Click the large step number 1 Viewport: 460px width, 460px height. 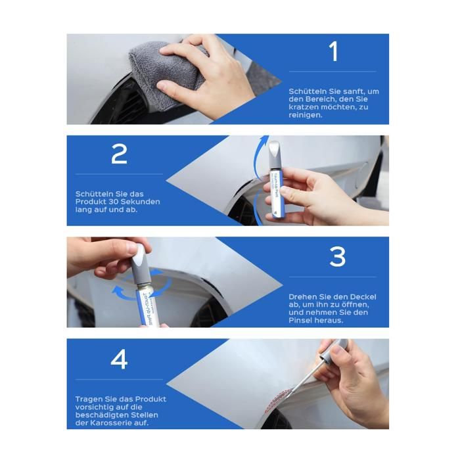point(334,51)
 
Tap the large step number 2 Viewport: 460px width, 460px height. point(119,154)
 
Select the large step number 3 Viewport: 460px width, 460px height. point(337,257)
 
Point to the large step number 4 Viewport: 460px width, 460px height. point(119,359)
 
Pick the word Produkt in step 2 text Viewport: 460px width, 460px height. point(89,202)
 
